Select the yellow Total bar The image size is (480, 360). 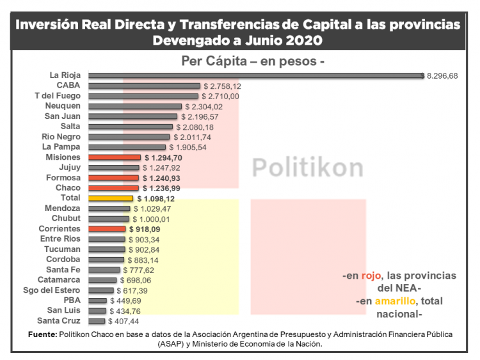[111, 198]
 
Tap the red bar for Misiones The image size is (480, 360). [115, 157]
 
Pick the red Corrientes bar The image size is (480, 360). [107, 229]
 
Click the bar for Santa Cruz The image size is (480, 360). [97, 321]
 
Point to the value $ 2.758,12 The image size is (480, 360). [222, 86]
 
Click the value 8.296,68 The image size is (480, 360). [442, 75]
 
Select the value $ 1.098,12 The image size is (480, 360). [156, 198]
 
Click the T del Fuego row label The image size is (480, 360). [58, 96]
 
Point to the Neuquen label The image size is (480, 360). [63, 106]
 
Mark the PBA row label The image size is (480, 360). [72, 301]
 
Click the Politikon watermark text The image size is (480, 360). [307, 167]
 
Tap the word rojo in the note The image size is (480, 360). [369, 276]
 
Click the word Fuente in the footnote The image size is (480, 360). [43, 334]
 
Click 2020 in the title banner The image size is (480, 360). [305, 40]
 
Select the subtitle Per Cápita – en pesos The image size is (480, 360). [253, 61]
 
